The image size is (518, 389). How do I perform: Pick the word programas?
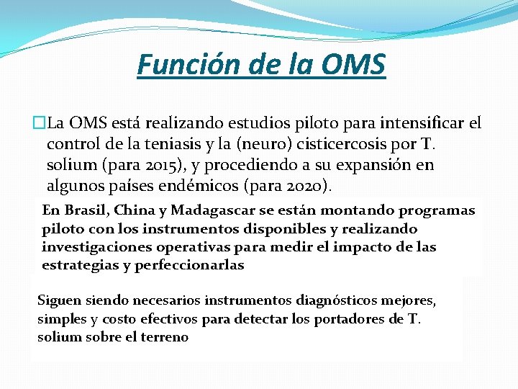440,210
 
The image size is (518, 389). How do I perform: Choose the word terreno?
165,336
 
